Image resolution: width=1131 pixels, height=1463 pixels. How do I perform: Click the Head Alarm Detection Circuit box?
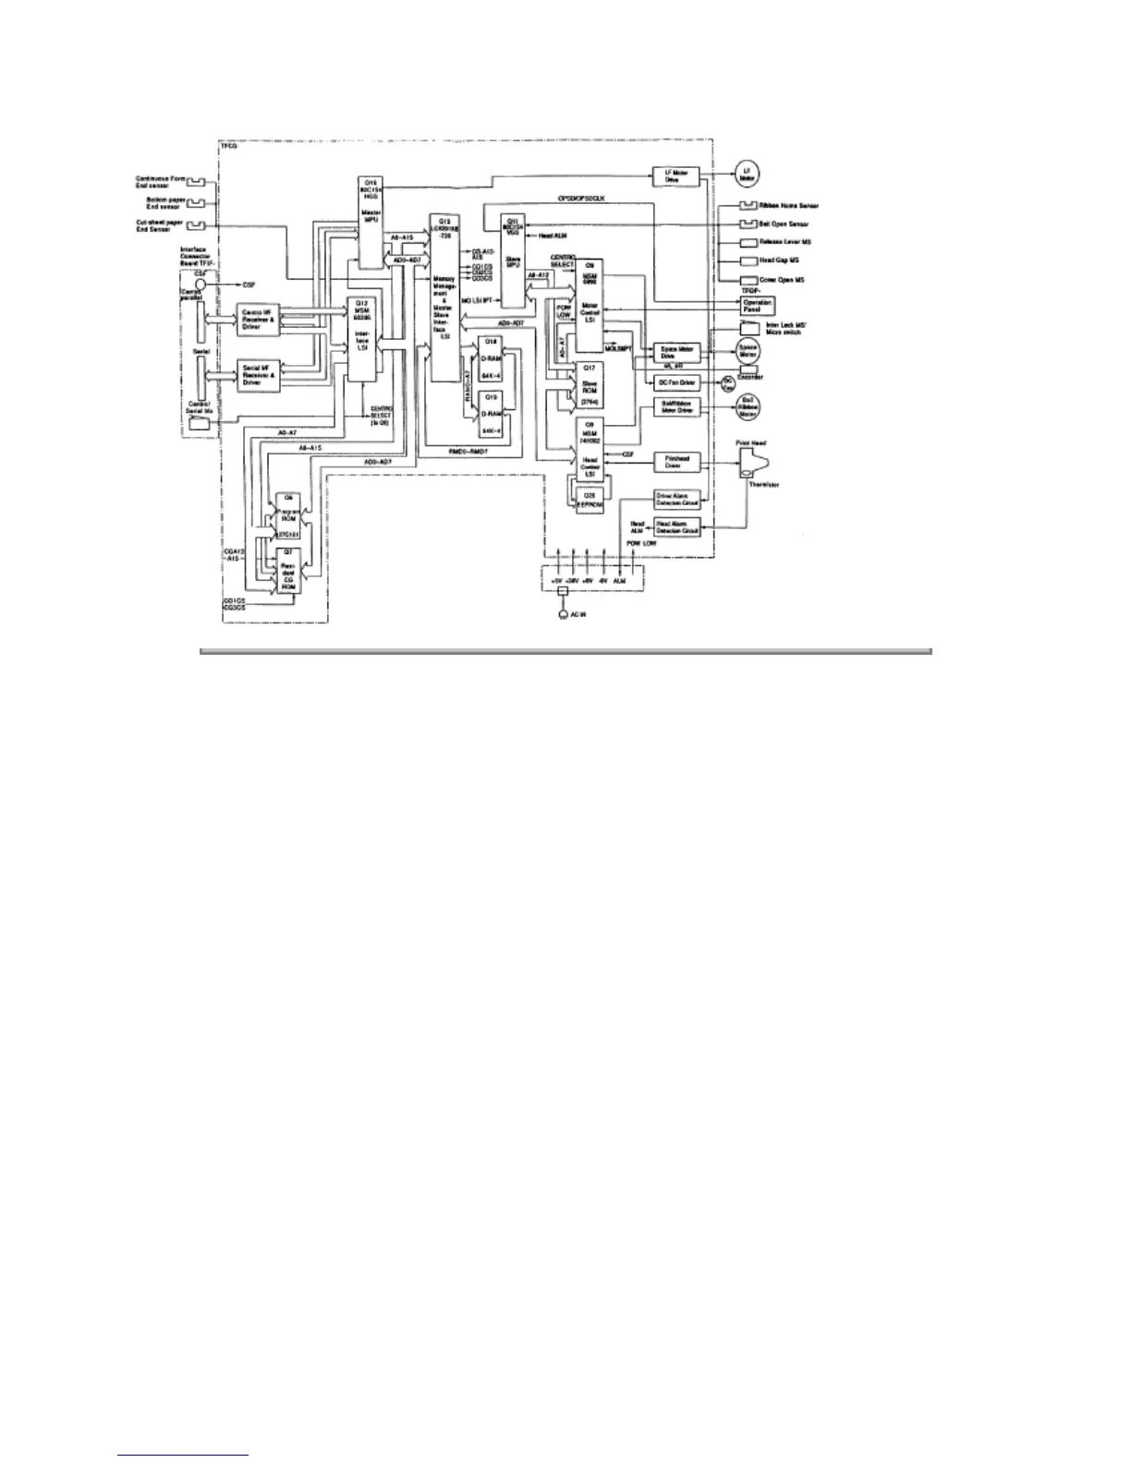coord(677,527)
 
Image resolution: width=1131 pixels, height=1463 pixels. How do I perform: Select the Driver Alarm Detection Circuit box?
coord(677,499)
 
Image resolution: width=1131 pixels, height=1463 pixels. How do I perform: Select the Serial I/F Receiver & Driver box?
coord(258,375)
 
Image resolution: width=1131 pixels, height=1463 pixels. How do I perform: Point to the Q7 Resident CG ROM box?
coord(288,570)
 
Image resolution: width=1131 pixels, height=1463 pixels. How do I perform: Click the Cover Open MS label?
coord(781,280)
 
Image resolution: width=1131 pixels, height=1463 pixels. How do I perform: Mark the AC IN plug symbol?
coord(563,614)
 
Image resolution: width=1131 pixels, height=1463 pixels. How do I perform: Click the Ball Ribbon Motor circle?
coord(748,406)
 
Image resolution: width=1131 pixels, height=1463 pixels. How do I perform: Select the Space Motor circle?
coord(748,350)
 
